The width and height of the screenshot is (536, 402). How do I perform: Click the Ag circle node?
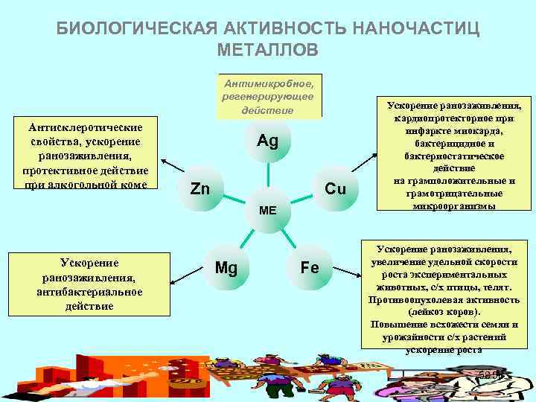267,141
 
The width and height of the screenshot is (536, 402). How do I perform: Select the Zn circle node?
200,189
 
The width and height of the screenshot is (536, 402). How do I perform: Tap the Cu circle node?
336,189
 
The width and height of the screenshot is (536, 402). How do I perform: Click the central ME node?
267,211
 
